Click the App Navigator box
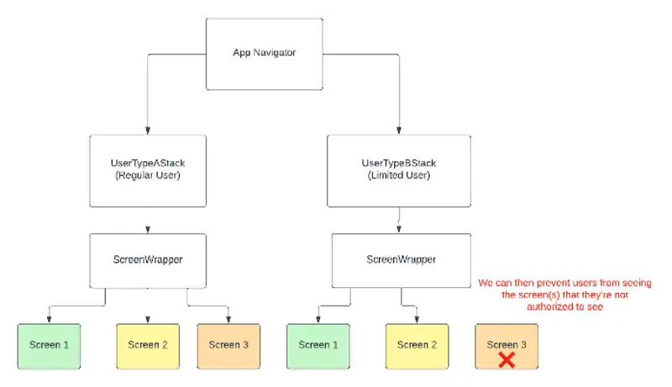265,53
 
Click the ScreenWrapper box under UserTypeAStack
148,259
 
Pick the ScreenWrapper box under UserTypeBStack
401,259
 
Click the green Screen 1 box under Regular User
49,345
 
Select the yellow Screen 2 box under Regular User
148,345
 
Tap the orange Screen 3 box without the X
228,345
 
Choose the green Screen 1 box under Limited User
318,345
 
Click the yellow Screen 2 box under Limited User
417,345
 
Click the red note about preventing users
564,295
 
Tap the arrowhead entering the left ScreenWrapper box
148,229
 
